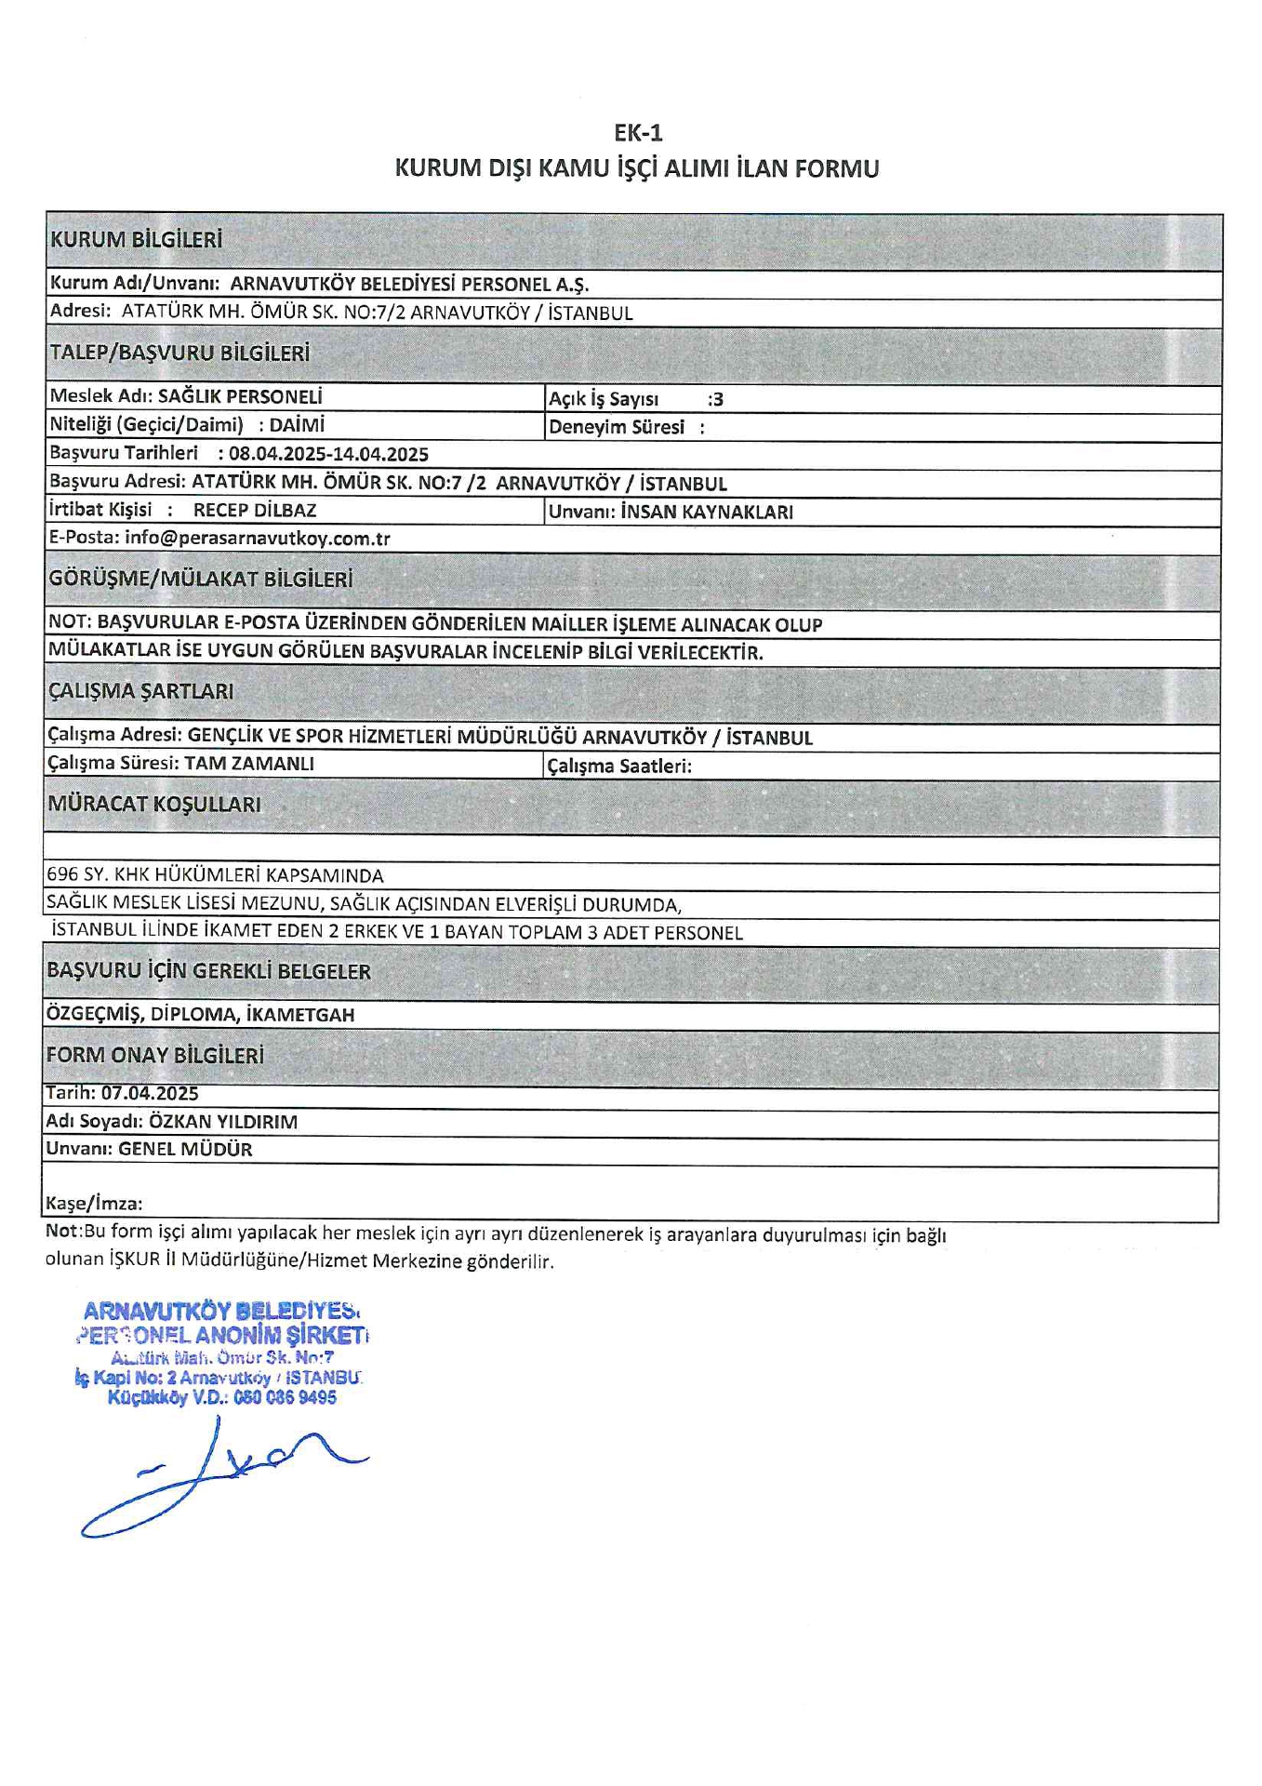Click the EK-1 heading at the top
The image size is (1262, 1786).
637,132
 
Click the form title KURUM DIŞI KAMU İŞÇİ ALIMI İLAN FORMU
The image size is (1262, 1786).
637,168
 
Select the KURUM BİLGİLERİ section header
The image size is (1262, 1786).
137,239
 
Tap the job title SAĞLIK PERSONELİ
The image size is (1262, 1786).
240,396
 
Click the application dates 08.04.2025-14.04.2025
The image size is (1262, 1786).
328,454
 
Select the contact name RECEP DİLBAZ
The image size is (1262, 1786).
255,510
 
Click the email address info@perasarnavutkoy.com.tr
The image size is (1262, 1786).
258,539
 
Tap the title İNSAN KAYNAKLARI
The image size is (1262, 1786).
707,512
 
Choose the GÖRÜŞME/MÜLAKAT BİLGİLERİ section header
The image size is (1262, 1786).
201,579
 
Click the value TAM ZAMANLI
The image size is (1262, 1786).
249,764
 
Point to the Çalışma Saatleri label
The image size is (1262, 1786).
619,766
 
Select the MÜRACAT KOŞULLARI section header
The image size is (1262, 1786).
154,804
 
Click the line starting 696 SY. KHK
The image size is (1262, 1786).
215,875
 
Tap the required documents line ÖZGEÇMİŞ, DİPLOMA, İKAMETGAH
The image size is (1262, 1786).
200,1014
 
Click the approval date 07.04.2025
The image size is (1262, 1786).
150,1094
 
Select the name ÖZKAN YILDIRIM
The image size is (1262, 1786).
223,1122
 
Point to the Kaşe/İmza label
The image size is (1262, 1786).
94,1204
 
